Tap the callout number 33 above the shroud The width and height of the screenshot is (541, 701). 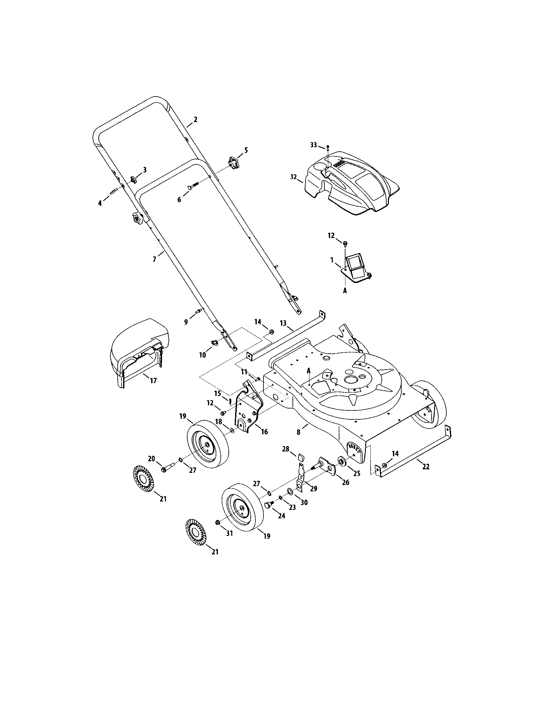pos(313,145)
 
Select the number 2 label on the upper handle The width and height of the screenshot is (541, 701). pos(195,119)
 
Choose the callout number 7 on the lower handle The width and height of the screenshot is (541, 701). pos(154,259)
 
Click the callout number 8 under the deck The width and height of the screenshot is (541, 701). pos(299,432)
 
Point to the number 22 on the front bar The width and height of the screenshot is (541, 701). pos(426,467)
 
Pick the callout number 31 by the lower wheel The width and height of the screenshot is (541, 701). pos(229,533)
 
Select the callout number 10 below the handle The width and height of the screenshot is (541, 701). pos(202,355)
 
